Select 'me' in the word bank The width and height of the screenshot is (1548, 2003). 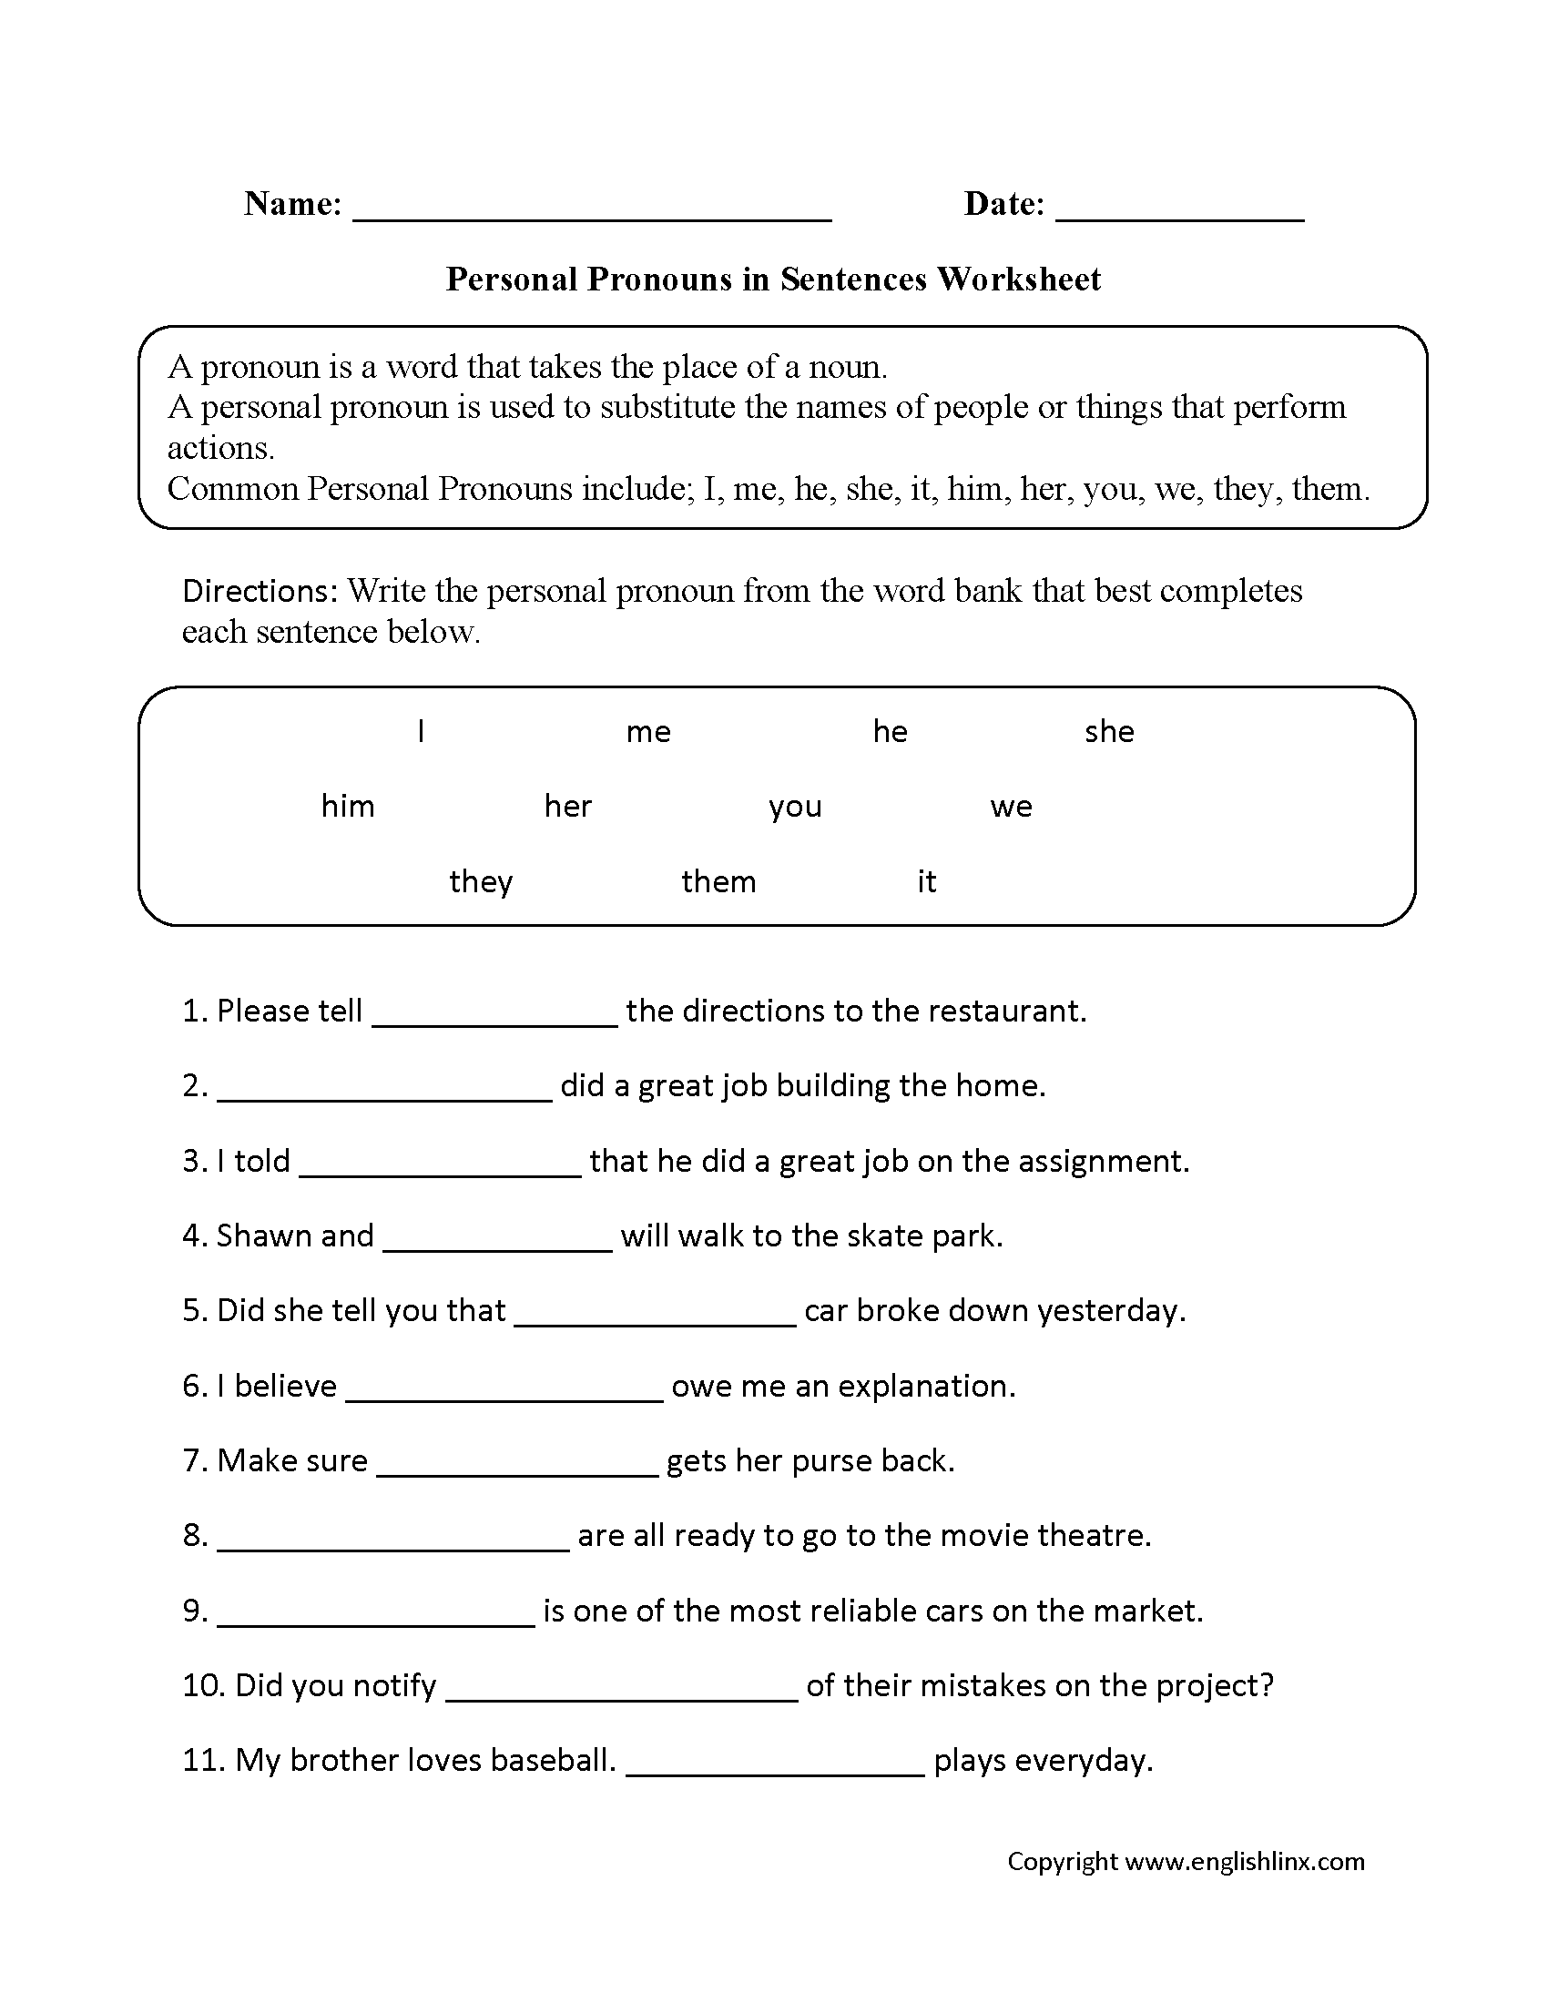click(x=648, y=732)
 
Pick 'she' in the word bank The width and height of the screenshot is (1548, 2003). click(x=1109, y=732)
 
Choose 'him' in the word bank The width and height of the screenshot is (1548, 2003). click(x=348, y=807)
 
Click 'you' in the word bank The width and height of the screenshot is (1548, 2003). click(x=795, y=808)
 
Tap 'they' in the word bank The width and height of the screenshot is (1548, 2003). click(x=481, y=882)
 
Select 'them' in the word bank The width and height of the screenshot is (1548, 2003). click(x=718, y=882)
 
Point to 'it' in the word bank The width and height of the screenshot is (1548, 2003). click(x=926, y=882)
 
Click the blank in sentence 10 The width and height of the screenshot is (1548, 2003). click(x=622, y=1692)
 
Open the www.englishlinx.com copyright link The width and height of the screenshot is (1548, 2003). click(x=1245, y=1861)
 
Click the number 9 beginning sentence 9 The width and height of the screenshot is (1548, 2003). click(x=193, y=1612)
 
